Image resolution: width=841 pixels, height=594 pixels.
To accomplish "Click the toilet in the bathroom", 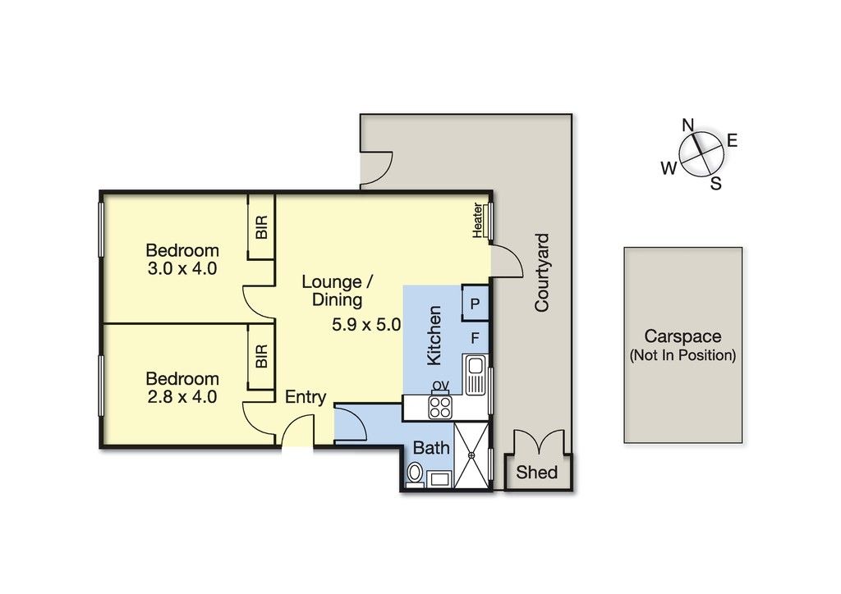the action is coord(414,474).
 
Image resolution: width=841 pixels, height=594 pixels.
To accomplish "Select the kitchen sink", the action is coord(476,375).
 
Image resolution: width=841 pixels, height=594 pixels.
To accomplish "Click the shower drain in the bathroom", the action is coord(472,455).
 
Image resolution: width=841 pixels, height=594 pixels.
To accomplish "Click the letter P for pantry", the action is coord(475,304).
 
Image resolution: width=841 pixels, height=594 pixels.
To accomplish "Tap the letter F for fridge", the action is coord(475,338).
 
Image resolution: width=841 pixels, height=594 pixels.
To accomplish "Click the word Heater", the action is coord(477,220).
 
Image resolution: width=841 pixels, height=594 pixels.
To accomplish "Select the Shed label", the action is coord(537,472).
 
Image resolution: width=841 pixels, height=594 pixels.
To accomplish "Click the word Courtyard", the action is coord(542,272).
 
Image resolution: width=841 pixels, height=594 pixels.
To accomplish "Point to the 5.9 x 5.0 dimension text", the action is coord(366,325).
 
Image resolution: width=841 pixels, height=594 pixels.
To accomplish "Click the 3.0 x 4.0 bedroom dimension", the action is coord(182,267).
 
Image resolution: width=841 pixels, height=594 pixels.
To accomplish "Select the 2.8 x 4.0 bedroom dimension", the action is coord(182,396).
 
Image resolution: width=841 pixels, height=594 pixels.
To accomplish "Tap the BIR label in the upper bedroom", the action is coord(262,227).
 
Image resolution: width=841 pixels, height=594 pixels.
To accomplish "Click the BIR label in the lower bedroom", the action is coord(261,356).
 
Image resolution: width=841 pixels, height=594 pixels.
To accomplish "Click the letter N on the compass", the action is coord(687,126).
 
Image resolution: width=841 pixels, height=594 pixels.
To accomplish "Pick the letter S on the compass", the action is coord(716,184).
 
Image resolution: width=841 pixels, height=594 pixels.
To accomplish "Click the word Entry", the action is coord(306,397).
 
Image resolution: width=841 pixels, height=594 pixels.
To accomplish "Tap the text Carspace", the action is coord(682,336).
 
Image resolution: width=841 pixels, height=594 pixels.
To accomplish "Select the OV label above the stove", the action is coord(441,386).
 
